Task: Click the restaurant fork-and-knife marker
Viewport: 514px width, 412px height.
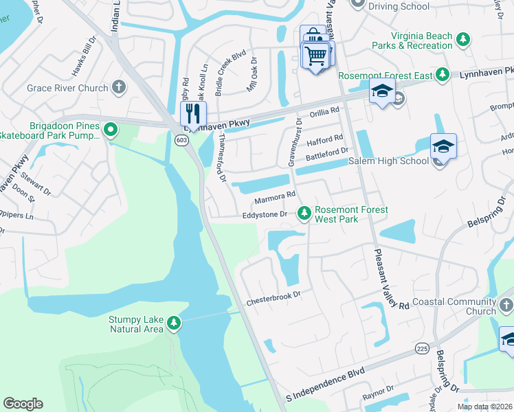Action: click(193, 113)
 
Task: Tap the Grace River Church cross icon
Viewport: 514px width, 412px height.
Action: click(119, 88)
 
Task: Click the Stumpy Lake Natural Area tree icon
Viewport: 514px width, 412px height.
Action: click(174, 322)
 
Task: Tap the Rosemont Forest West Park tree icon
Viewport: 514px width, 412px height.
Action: click(304, 214)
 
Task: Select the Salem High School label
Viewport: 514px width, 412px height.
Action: click(389, 161)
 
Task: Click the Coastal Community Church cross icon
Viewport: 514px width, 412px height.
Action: click(505, 305)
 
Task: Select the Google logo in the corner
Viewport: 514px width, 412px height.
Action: click(23, 404)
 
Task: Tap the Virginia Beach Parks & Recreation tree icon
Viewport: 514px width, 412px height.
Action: click(463, 41)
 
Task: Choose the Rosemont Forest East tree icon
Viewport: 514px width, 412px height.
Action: click(443, 74)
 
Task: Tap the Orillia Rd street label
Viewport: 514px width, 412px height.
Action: click(325, 111)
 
